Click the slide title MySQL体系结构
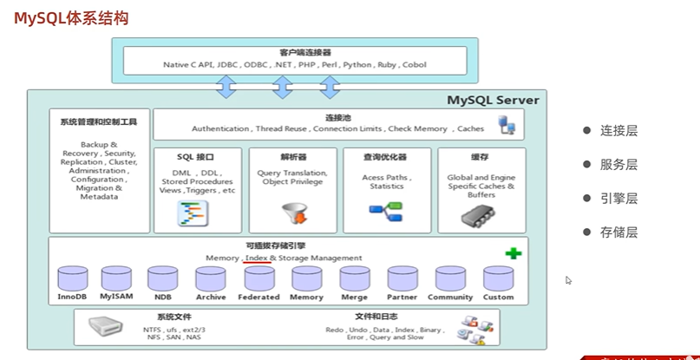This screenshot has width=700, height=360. [x=71, y=17]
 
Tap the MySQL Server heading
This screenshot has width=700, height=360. [x=493, y=101]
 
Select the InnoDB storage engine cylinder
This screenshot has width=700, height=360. [x=73, y=279]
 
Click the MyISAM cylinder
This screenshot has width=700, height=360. [x=115, y=279]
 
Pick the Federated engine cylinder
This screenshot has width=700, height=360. [x=259, y=279]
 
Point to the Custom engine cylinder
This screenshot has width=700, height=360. [x=498, y=279]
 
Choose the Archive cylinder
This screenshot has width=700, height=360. [x=211, y=279]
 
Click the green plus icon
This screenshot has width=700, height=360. [x=514, y=253]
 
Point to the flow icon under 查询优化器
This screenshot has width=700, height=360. [x=386, y=210]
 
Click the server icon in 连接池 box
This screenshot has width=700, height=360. [x=508, y=125]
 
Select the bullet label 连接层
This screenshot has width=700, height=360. [x=618, y=131]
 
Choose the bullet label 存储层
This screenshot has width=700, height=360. [x=618, y=232]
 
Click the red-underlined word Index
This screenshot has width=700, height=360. [x=256, y=259]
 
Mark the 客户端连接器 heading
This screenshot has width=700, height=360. [x=282, y=53]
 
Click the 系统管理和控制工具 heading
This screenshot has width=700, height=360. [x=99, y=121]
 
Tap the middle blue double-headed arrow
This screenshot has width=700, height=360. [x=283, y=86]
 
